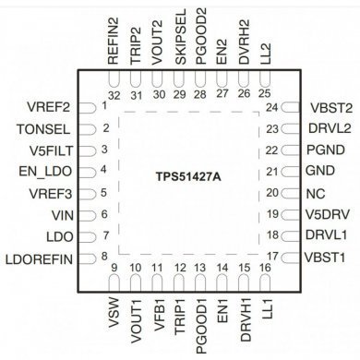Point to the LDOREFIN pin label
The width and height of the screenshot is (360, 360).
coord(42,256)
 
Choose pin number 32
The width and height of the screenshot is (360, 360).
coord(114,94)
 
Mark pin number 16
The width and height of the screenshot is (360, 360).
coord(265,269)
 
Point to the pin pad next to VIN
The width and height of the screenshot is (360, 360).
coord(90,214)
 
